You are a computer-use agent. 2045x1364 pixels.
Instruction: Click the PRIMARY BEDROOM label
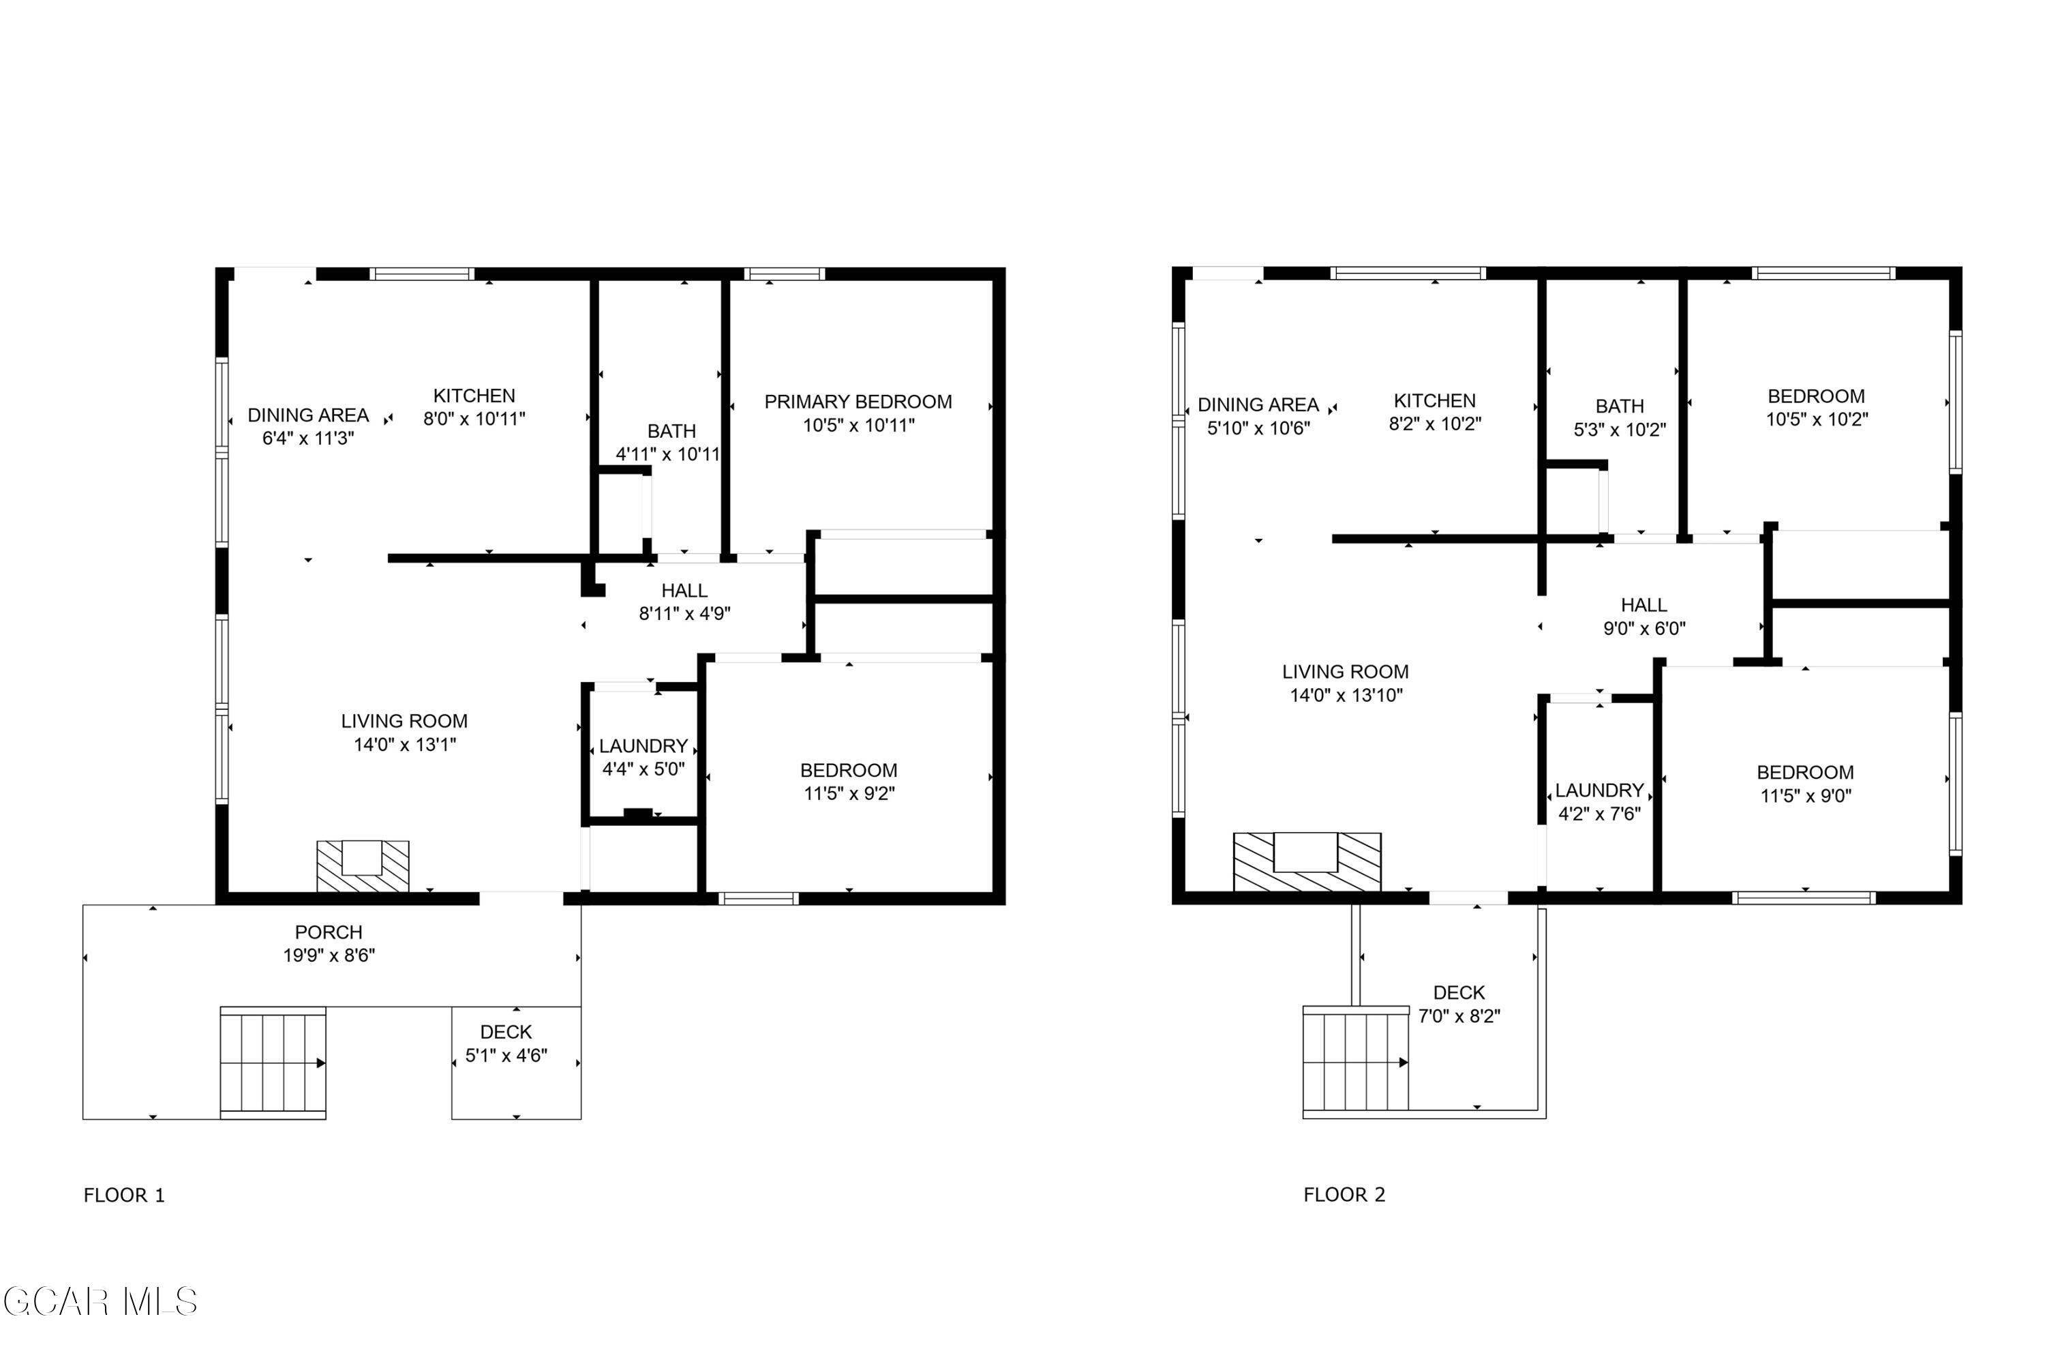tap(858, 402)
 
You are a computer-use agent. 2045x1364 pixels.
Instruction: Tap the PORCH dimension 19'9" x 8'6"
tap(329, 955)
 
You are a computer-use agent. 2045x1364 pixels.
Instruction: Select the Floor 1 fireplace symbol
tap(363, 865)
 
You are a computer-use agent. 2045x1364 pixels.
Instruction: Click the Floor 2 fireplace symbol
tap(1306, 861)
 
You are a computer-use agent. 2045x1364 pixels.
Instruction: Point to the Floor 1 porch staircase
tap(273, 1062)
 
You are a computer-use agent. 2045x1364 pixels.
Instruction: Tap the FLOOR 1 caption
tap(123, 1196)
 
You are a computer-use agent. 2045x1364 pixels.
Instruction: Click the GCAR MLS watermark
tap(100, 1302)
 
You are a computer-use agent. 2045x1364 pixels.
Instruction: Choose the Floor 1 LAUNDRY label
tap(643, 746)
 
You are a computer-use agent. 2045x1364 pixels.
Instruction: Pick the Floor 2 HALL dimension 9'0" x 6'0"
tap(1643, 628)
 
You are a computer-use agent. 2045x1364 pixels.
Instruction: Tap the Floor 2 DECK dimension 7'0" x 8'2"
tap(1459, 1016)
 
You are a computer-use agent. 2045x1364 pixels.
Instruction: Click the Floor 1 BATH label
tap(671, 432)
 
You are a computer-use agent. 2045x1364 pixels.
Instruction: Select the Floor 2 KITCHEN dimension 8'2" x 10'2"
tap(1435, 424)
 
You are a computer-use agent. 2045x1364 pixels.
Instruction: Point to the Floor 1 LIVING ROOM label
tap(404, 721)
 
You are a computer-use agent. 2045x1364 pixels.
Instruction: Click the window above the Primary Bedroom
tap(785, 274)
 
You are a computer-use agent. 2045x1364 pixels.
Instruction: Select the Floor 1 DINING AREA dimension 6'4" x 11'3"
tap(308, 439)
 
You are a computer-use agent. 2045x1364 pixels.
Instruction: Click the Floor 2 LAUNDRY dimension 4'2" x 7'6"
tap(1599, 814)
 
